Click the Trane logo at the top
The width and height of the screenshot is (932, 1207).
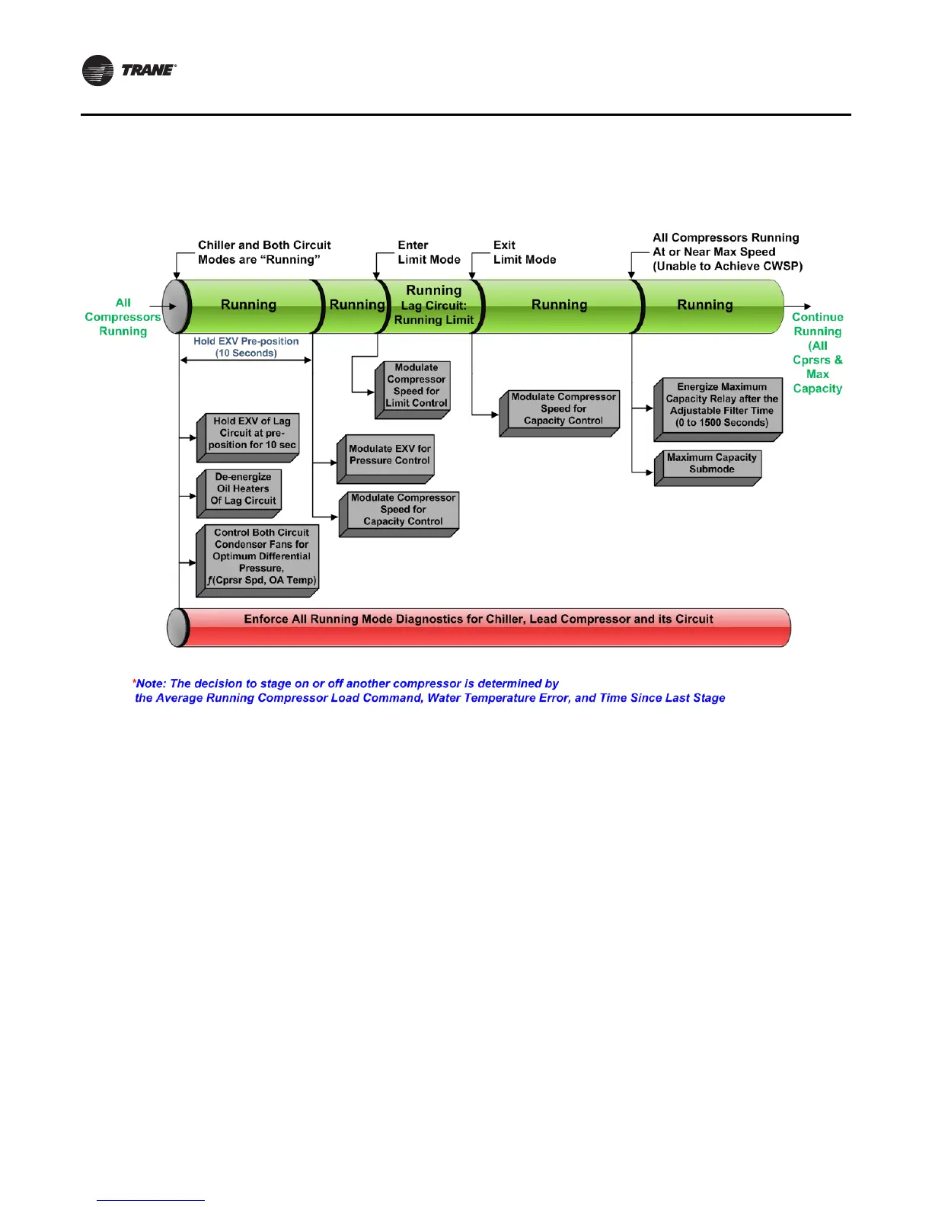(129, 71)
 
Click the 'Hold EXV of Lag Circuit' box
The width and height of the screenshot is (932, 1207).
(251, 434)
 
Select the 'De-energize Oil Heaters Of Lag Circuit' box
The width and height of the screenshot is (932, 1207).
(243, 489)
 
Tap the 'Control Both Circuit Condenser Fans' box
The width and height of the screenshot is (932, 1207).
(261, 557)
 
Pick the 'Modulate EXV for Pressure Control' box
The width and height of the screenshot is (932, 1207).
(389, 456)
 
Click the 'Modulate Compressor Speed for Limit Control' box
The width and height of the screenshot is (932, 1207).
(416, 386)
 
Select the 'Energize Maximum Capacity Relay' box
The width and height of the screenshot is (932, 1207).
(721, 405)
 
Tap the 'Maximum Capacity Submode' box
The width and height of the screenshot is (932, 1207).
(711, 464)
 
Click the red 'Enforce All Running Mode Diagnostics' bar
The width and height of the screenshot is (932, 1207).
(478, 620)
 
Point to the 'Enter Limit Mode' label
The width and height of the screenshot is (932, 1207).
(429, 252)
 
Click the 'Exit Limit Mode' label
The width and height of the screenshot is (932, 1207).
(524, 252)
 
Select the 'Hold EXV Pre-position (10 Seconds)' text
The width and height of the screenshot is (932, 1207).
(245, 347)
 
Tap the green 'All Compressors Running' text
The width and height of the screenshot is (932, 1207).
(123, 317)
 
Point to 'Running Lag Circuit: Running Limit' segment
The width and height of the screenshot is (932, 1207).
(433, 306)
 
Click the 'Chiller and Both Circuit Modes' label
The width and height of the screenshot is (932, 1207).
(264, 252)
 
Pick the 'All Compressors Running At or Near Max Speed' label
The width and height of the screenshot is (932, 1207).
(726, 252)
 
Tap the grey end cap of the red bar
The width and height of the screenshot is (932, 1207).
(177, 627)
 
